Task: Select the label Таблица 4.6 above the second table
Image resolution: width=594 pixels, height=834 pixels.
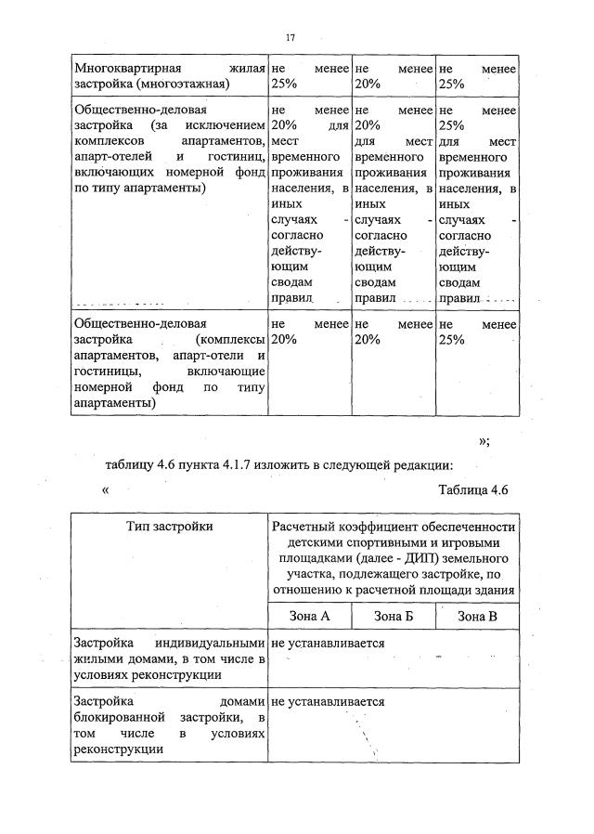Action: pos(474,491)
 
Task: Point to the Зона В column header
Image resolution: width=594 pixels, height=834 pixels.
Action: pos(477,616)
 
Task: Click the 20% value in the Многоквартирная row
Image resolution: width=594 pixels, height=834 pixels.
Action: pos(368,84)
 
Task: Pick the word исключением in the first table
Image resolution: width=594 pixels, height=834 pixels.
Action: pos(224,124)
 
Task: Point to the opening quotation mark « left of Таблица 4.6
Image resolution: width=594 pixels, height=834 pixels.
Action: pos(108,492)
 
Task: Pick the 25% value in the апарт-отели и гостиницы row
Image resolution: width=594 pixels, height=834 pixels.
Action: pos(450,340)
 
